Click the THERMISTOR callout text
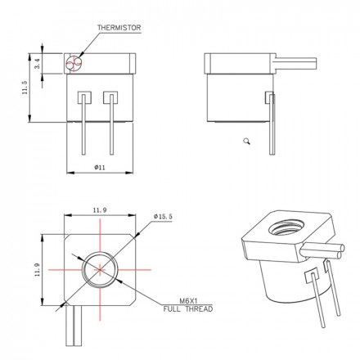pos(119,28)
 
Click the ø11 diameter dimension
pos(99,167)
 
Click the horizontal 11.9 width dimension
pos(99,210)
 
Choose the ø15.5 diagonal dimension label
pos(164,216)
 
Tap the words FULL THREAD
pos(187,309)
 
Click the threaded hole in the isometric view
pos(286,228)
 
